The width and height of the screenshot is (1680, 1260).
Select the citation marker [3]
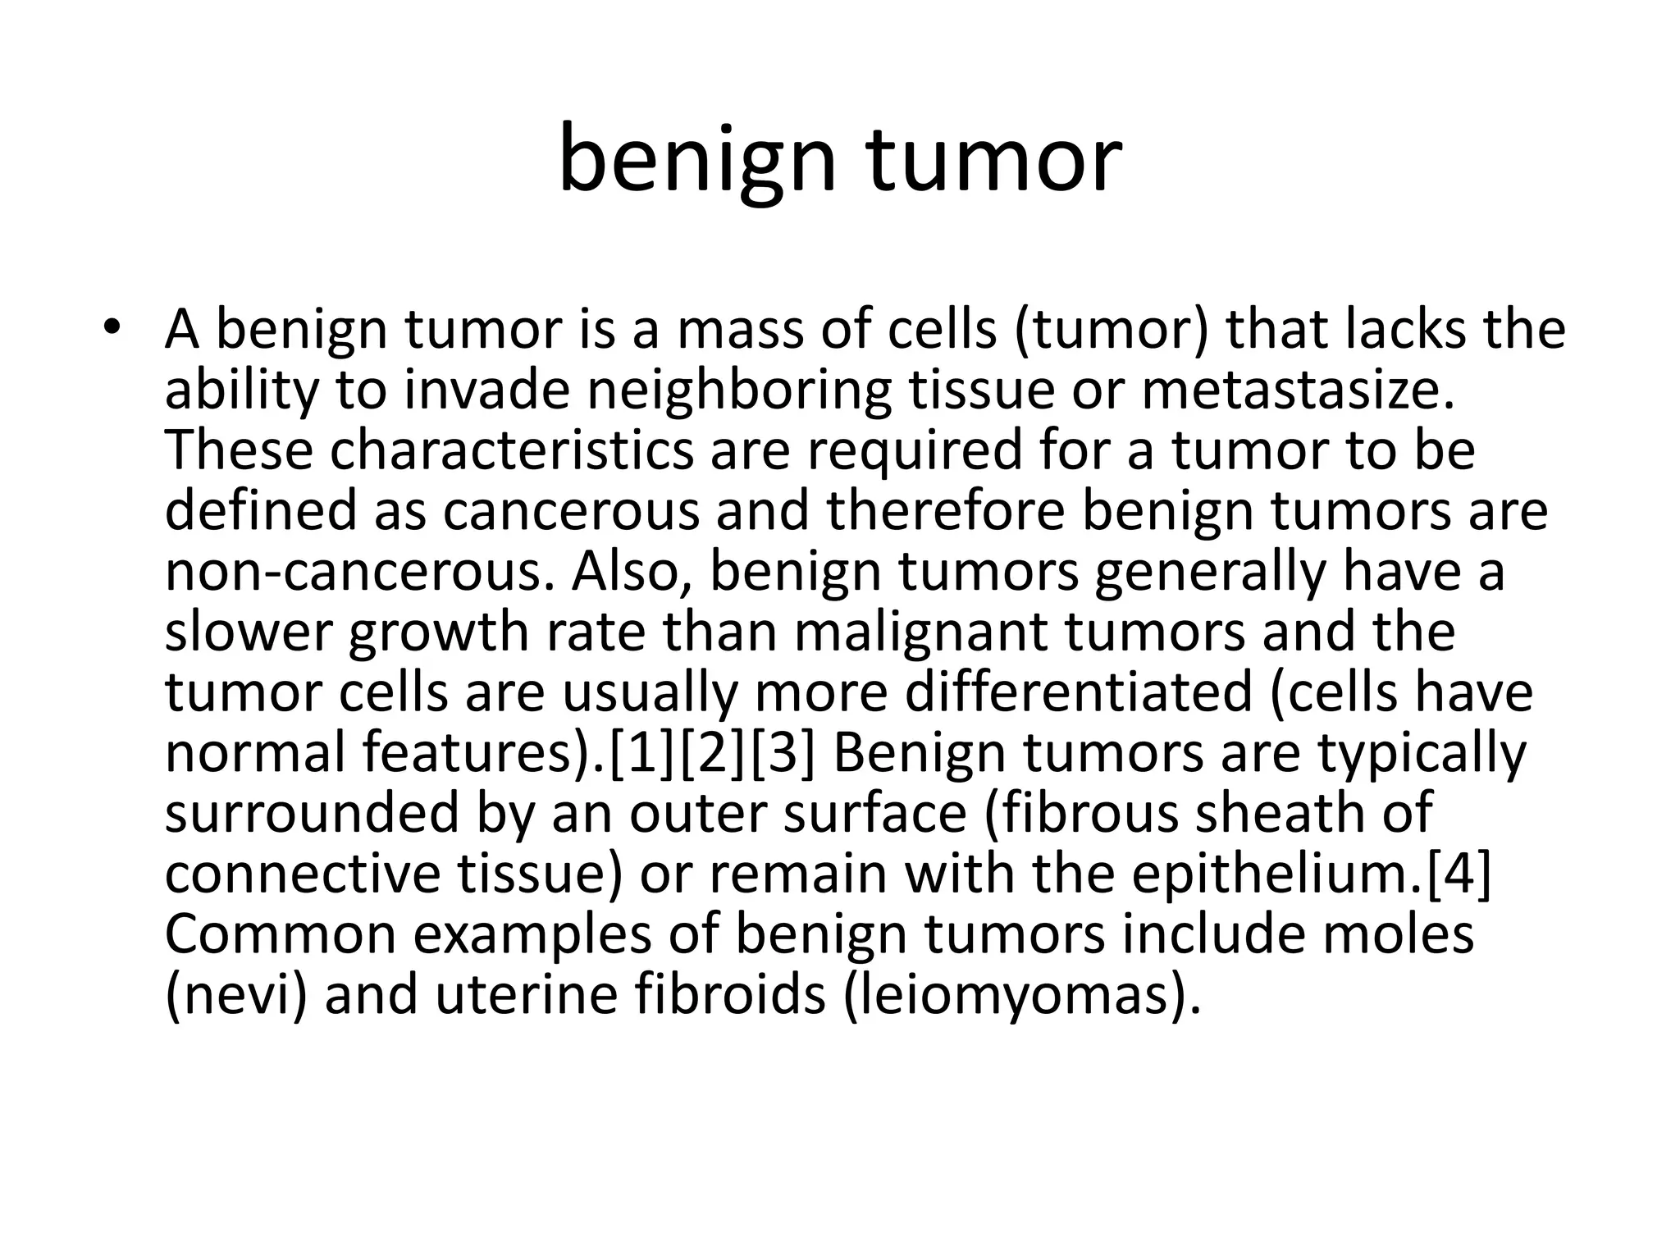pos(783,752)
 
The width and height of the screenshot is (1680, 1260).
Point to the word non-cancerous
pos(354,572)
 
